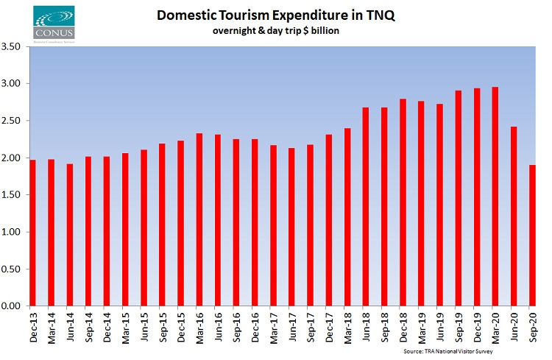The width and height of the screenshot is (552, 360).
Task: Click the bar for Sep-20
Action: pos(532,235)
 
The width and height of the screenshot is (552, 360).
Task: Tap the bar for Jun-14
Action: pos(69,235)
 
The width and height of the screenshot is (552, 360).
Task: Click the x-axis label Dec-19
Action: pos(477,325)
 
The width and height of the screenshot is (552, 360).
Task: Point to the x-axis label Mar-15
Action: pos(125,325)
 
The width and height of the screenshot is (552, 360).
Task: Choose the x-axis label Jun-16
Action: pos(218,325)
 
